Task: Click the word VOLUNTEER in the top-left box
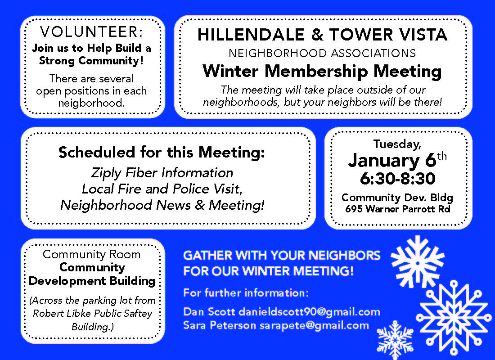(x=91, y=32)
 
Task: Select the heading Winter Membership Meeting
(x=322, y=71)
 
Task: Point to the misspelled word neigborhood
(x=91, y=103)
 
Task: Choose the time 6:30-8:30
(x=398, y=179)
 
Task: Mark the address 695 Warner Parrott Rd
(x=398, y=209)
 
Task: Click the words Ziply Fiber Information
(x=162, y=173)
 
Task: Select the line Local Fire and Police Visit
(x=162, y=189)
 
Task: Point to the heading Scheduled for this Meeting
(x=162, y=153)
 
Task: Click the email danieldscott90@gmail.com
(x=310, y=312)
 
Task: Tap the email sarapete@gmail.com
(x=314, y=325)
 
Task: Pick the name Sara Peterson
(x=220, y=325)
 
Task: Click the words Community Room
(x=91, y=254)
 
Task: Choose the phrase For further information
(x=246, y=293)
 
